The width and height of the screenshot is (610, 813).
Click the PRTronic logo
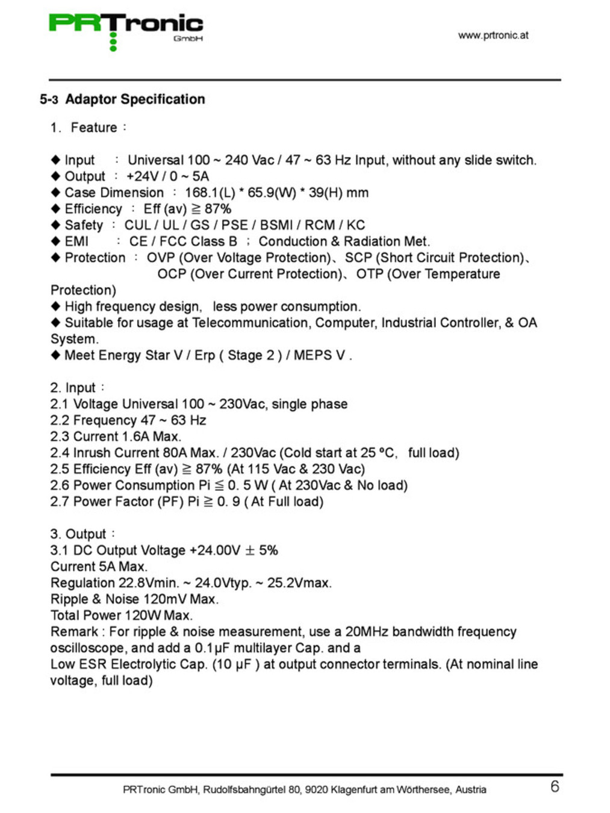126,30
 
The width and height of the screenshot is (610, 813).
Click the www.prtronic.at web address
493,36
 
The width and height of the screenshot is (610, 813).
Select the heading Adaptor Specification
135,99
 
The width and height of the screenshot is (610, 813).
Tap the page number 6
555,787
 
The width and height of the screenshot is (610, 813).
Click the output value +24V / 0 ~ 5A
167,176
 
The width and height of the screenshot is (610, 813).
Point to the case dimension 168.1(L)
210,193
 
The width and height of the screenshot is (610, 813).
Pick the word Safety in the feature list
84,225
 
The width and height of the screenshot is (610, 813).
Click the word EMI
76,241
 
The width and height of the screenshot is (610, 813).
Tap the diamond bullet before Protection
55,258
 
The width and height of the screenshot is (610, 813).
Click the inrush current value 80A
175,453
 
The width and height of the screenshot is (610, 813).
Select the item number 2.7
60,502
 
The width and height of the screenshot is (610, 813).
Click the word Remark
74,632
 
